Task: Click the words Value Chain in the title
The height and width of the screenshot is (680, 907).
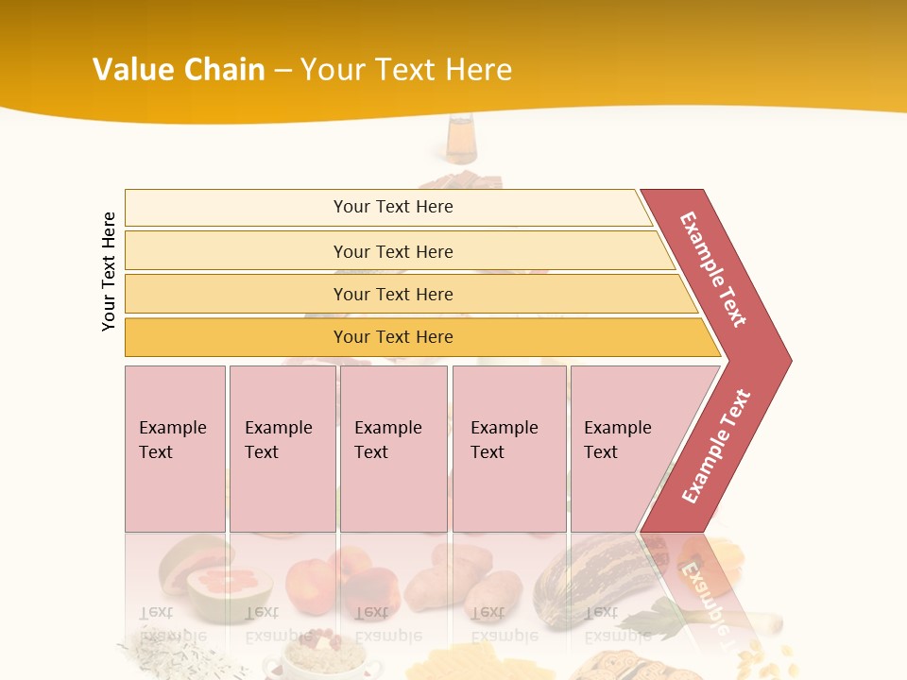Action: [x=179, y=69]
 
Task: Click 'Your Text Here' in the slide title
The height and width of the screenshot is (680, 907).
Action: [x=406, y=69]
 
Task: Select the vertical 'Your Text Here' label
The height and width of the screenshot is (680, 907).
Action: [x=109, y=271]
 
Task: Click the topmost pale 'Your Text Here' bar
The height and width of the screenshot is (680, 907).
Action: [x=392, y=207]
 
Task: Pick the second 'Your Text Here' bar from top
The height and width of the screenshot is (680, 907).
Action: [x=392, y=251]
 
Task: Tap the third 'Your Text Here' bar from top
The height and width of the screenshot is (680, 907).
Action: [x=392, y=294]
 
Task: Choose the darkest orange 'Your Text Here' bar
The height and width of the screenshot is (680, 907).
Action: [x=392, y=337]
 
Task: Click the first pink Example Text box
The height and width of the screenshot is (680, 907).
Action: [x=175, y=449]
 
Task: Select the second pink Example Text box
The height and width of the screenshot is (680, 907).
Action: [x=282, y=449]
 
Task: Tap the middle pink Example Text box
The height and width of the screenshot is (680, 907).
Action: [x=393, y=449]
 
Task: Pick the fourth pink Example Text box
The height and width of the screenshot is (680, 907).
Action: [x=508, y=449]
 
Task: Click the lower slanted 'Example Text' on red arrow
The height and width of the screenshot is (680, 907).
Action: [x=716, y=446]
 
